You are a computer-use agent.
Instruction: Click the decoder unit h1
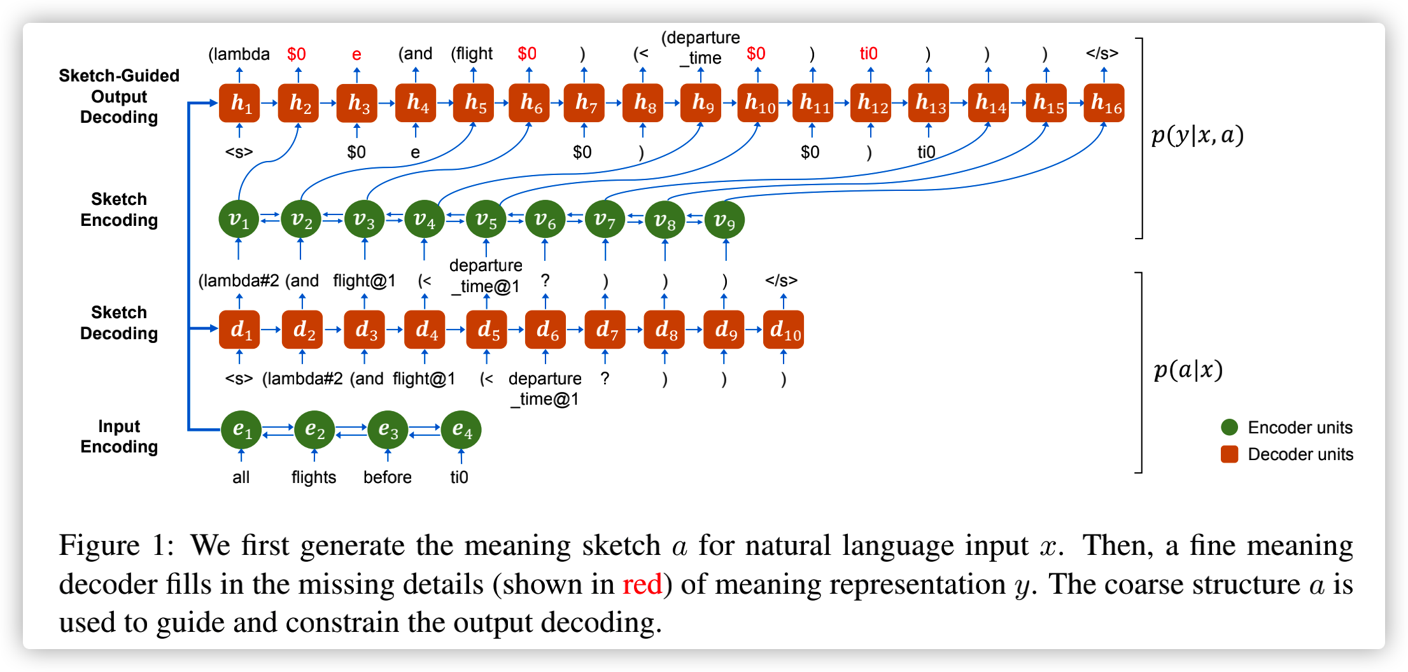pos(239,103)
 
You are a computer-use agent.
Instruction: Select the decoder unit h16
pos(1104,103)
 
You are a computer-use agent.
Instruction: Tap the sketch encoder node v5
pos(486,220)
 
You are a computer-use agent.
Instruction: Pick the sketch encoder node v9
pos(724,220)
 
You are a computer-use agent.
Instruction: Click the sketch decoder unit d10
pos(783,330)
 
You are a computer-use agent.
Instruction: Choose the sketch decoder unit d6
pos(546,330)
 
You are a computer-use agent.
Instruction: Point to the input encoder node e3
pos(388,430)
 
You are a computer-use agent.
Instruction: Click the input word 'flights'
pos(314,477)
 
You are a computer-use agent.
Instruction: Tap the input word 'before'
pos(387,477)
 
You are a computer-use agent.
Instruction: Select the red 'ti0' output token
pos(868,53)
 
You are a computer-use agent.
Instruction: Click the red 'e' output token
pos(356,55)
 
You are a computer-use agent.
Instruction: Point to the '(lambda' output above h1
pos(239,54)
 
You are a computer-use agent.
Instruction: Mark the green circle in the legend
pos(1230,428)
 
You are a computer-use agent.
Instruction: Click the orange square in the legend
pos(1230,454)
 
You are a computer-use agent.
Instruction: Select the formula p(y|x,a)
pos(1197,136)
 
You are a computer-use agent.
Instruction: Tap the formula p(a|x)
pos(1188,370)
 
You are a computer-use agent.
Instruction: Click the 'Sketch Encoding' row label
pos(119,209)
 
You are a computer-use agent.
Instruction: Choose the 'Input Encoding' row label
pos(119,437)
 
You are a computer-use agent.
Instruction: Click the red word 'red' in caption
pos(642,584)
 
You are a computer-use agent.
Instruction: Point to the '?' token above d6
pos(546,281)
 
